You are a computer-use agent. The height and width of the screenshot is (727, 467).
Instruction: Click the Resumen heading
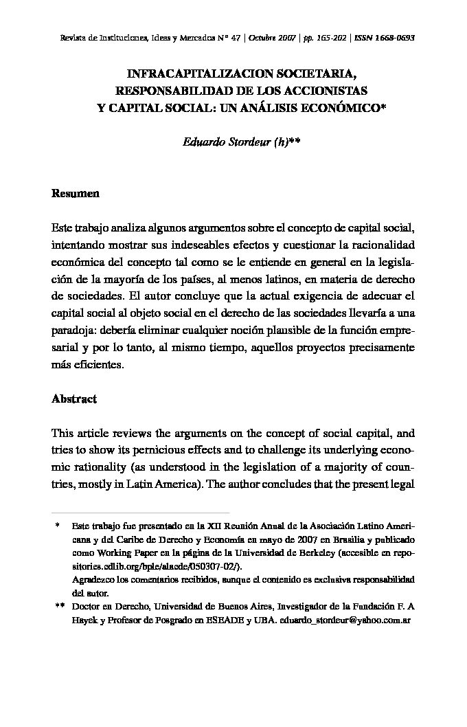[76, 193]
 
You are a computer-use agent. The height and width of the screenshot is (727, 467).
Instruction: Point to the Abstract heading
[74, 399]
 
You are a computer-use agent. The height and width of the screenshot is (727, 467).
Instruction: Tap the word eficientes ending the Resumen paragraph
[101, 366]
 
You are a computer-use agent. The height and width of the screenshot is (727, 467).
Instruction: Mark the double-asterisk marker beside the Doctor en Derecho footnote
[59, 607]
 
